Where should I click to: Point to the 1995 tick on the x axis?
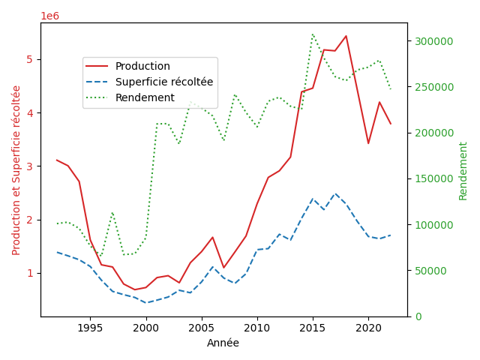pyautogui.click(x=90, y=328)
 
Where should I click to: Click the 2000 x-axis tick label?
pyautogui.click(x=145, y=328)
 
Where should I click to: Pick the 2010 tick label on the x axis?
pyautogui.click(x=256, y=328)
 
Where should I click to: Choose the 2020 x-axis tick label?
pyautogui.click(x=367, y=328)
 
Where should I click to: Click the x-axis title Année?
pyautogui.click(x=223, y=343)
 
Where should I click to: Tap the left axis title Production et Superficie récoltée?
pyautogui.click(x=16, y=169)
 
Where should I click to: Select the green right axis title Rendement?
pyautogui.click(x=463, y=171)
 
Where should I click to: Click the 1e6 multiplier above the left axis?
pyautogui.click(x=49, y=16)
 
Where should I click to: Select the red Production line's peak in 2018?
pyautogui.click(x=346, y=36)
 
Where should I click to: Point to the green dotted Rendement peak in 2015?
pyautogui.click(x=313, y=34)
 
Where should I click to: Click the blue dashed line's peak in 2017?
pyautogui.click(x=334, y=193)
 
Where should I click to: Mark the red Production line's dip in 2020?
pyautogui.click(x=368, y=143)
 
